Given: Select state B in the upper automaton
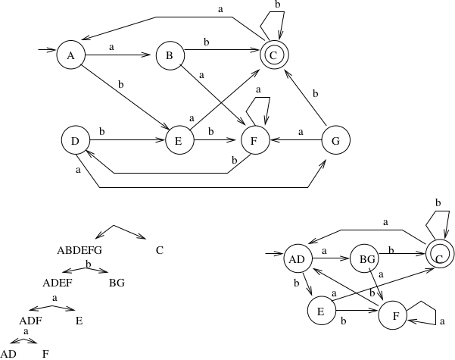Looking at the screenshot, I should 170,55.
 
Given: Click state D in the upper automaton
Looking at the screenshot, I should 75,140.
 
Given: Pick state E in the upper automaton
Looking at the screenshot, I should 179,140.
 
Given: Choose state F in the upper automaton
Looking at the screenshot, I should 255,140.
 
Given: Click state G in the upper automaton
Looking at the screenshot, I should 336,140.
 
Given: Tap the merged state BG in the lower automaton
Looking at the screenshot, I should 367,260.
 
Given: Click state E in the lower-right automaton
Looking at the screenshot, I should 321,311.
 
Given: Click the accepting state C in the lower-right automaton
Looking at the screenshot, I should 439,259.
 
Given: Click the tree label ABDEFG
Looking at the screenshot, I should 79,249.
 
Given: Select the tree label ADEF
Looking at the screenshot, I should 58,283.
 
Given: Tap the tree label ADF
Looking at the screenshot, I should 31,320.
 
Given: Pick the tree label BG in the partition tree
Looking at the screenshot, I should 117,283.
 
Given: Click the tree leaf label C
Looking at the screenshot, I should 160,249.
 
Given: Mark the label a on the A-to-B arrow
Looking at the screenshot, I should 112,47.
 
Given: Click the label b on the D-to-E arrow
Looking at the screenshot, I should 101,132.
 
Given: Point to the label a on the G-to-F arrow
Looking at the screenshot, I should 301,132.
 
